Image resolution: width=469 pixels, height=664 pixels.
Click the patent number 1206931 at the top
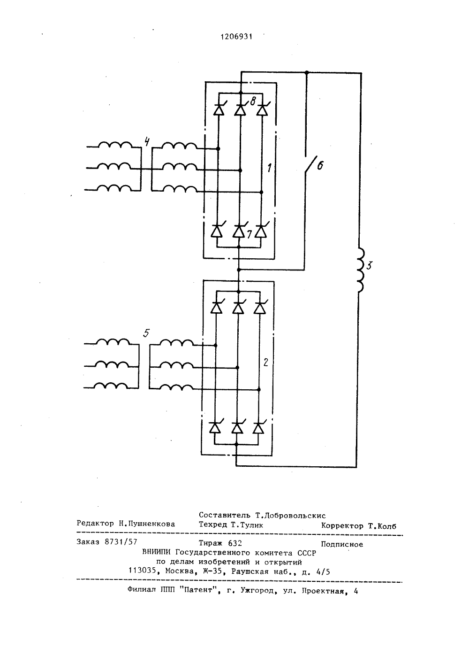point(236,37)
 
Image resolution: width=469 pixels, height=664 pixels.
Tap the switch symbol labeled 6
point(310,166)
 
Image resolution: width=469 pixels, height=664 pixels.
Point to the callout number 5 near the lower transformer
point(146,333)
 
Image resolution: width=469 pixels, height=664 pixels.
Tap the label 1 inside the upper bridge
point(269,168)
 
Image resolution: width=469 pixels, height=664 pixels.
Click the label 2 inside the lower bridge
point(265,362)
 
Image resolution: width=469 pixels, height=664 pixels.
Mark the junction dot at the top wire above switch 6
point(307,72)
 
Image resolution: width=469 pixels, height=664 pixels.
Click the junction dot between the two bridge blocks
point(239,270)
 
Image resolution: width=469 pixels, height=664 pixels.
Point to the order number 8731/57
point(121,542)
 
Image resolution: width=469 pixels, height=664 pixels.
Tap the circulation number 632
point(235,543)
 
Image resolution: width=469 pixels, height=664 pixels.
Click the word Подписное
point(342,545)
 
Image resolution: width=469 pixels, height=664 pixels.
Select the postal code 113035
point(142,571)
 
